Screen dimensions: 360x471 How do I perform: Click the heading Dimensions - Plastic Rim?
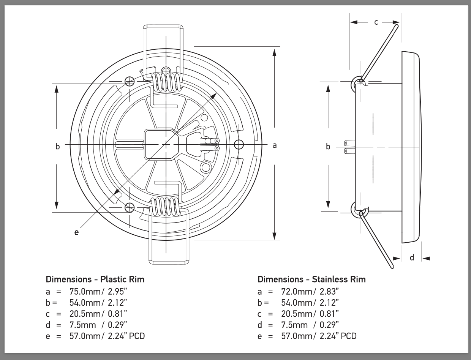(95, 279)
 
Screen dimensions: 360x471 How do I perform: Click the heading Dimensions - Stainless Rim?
(311, 279)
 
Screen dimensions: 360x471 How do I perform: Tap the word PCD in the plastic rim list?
(137, 336)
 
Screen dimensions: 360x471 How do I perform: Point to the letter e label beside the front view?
(76, 232)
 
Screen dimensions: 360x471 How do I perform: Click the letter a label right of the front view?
(275, 145)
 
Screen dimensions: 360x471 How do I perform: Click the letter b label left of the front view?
(58, 146)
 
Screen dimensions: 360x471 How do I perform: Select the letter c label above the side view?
(376, 22)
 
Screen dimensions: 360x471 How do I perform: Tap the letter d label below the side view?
(412, 258)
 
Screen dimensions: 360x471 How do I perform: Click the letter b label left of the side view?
(328, 146)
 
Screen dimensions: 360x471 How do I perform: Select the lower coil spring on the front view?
(165, 207)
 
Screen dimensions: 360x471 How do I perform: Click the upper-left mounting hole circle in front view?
(129, 81)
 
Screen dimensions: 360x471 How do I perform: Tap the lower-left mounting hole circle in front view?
(130, 208)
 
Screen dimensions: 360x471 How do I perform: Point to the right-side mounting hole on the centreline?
(239, 144)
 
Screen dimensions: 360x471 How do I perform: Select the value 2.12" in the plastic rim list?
(115, 303)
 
